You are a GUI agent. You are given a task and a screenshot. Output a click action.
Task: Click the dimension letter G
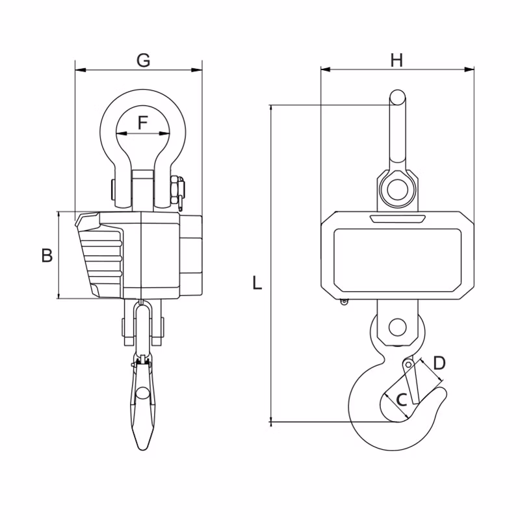143,60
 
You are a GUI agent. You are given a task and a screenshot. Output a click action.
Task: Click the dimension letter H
396,60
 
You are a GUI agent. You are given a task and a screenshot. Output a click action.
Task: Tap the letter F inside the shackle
142,123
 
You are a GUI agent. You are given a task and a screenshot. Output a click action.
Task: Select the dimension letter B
47,255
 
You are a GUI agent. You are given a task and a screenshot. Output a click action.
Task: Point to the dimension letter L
257,283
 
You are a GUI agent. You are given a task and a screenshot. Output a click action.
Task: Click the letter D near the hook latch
439,363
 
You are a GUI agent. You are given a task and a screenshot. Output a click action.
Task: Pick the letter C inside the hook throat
402,400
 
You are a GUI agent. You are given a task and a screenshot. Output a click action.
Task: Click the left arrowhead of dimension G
81,70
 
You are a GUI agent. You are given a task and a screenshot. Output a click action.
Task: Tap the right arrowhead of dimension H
469,70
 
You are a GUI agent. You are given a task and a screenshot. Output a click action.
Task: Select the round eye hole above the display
398,189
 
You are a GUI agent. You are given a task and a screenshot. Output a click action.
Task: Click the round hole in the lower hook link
398,328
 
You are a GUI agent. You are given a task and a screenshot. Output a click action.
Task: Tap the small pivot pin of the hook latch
409,365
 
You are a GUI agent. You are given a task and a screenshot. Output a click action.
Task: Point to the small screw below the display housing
344,302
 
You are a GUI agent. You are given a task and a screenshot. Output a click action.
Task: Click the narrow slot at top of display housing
398,219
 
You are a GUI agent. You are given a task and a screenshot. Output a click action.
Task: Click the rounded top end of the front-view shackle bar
397,96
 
